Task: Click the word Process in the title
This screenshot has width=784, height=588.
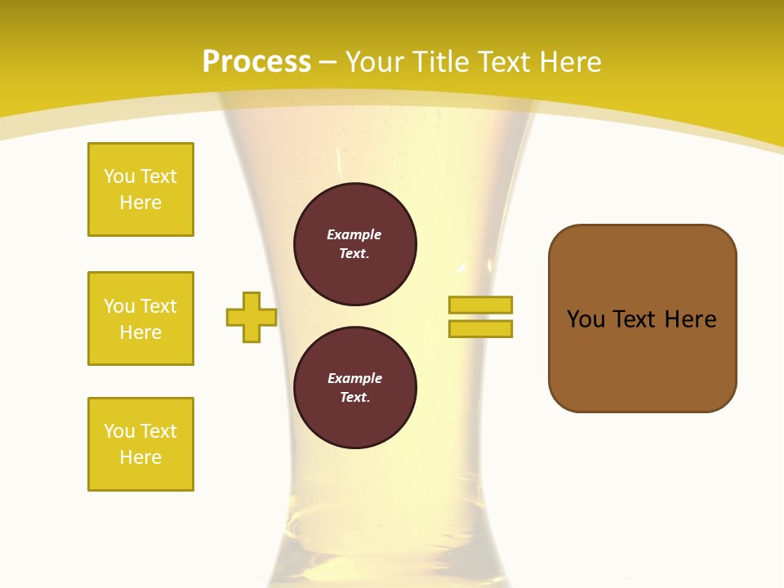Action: pyautogui.click(x=256, y=62)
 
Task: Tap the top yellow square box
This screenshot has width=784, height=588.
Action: pyautogui.click(x=140, y=189)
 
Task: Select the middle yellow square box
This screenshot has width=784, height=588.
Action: pyautogui.click(x=140, y=318)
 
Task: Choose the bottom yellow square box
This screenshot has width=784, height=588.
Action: pyautogui.click(x=140, y=444)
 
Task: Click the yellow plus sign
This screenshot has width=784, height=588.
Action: pyautogui.click(x=252, y=317)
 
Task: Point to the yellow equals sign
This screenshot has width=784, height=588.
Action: pyautogui.click(x=480, y=317)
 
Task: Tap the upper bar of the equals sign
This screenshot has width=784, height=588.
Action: pyautogui.click(x=480, y=305)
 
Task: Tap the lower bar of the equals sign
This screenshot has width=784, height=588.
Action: pyautogui.click(x=480, y=328)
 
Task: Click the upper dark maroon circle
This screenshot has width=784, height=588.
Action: pyautogui.click(x=355, y=244)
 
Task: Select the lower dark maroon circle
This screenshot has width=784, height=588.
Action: pyautogui.click(x=355, y=388)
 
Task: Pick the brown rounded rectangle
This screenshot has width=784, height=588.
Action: pyautogui.click(x=642, y=318)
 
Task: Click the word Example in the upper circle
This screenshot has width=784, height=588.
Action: pyautogui.click(x=354, y=235)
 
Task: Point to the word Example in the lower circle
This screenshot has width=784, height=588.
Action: pyautogui.click(x=354, y=379)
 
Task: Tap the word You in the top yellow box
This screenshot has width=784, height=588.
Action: pyautogui.click(x=119, y=176)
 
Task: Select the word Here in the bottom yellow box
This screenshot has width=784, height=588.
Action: pyautogui.click(x=140, y=457)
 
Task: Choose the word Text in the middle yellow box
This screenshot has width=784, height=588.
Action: pyautogui.click(x=158, y=306)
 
